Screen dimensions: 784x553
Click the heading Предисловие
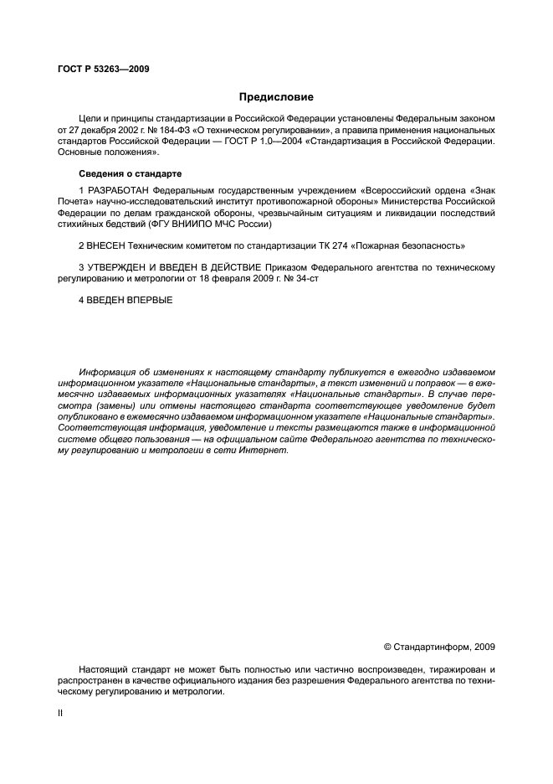pyautogui.click(x=276, y=97)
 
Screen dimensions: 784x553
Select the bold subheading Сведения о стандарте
pyautogui.click(x=129, y=174)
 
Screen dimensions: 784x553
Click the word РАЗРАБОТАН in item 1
pyautogui.click(x=119, y=191)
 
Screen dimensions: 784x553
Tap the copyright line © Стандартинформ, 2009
pyautogui.click(x=439, y=647)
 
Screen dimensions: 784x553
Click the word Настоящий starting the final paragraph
pyautogui.click(x=103, y=671)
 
